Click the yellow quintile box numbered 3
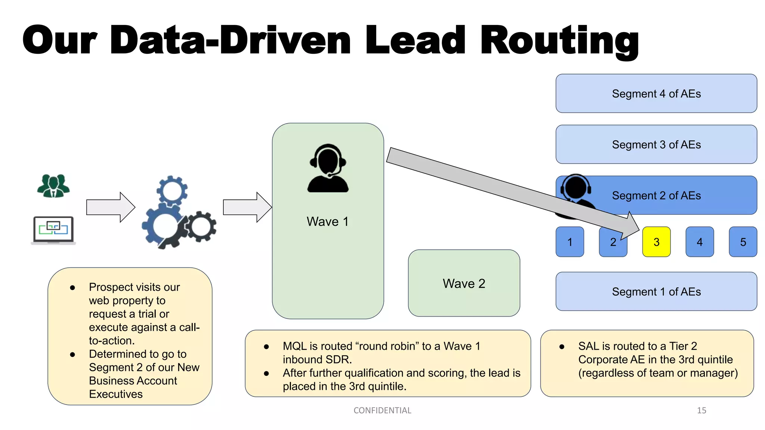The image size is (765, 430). [x=656, y=242]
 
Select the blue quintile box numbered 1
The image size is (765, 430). [x=570, y=242]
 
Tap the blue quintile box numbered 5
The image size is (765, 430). [x=743, y=242]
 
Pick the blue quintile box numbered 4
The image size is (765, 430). [x=700, y=242]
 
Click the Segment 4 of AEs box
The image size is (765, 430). [x=656, y=93]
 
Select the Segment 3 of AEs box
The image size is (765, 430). [x=656, y=144]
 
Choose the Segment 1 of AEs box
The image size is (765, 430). [x=656, y=292]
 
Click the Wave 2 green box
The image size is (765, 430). [x=464, y=283]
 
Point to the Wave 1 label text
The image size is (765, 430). [x=328, y=221]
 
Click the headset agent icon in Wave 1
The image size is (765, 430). [x=328, y=168]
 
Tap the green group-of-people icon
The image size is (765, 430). [x=53, y=186]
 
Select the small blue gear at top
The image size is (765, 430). [x=172, y=191]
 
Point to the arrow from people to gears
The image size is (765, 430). [x=111, y=207]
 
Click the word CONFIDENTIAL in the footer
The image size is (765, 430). [x=382, y=411]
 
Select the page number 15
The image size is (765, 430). [x=701, y=411]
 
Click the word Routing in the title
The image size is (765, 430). [x=559, y=40]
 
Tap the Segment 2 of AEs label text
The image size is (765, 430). [x=656, y=196]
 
